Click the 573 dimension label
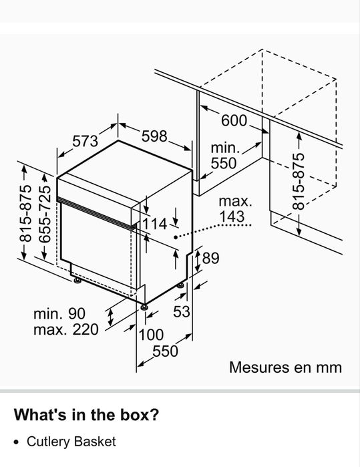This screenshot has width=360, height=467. tap(85, 141)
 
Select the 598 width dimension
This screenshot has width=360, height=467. tap(154, 136)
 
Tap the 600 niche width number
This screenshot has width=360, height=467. tap(234, 121)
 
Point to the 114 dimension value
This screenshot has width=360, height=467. tap(155, 224)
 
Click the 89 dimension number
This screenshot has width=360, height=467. tap(210, 258)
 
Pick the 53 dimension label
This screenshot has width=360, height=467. tap(182, 311)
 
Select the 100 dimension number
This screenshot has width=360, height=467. tap(151, 335)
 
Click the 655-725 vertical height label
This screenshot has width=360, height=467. tap(45, 214)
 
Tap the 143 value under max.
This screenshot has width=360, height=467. tap(232, 216)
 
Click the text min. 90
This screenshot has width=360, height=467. tap(59, 313)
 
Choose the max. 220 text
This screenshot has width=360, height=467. tap(66, 329)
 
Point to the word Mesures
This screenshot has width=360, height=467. tap(259, 367)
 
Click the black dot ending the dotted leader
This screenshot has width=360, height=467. tap(176, 237)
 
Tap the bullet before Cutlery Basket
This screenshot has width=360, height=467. tap(16, 442)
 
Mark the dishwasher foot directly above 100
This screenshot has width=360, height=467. tap(145, 307)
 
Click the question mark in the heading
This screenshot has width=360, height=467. tap(154, 414)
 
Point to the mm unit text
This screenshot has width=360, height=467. tap(329, 368)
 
